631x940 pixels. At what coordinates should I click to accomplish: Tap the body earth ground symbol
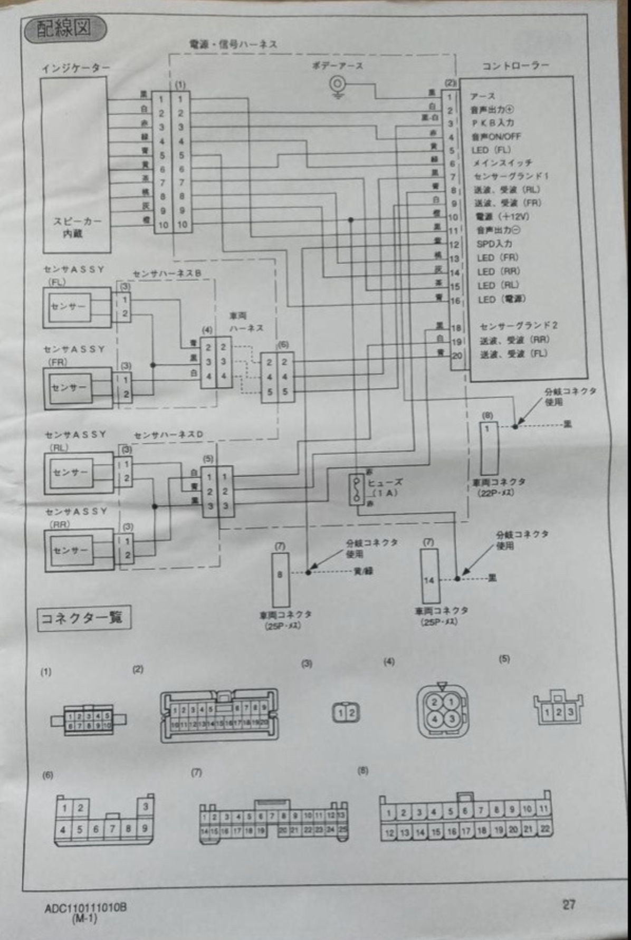point(337,85)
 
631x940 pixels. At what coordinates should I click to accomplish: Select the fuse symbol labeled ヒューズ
point(357,488)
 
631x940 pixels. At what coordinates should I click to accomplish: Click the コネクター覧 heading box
point(83,618)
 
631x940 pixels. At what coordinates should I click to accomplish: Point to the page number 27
point(568,905)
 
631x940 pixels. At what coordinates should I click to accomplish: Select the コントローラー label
point(515,65)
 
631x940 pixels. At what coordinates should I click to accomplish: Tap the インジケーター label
point(75,69)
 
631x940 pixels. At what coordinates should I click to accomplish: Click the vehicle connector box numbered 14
point(429,576)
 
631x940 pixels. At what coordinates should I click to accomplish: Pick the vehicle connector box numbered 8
point(280,579)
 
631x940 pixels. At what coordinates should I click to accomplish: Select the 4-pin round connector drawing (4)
point(442,711)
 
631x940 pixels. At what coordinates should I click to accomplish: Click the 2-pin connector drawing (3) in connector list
point(346,713)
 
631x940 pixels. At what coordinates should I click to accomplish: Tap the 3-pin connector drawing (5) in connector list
point(558,709)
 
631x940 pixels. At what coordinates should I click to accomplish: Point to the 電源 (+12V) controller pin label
point(502,216)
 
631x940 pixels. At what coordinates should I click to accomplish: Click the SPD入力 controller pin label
point(494,244)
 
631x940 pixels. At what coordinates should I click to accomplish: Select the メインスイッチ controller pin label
point(502,162)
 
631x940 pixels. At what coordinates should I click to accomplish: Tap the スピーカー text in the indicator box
point(77,221)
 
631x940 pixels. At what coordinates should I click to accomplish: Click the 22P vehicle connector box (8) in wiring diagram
point(489,448)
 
